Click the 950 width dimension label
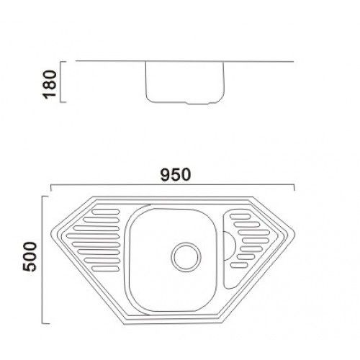tap(175, 175)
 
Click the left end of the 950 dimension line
tap(50, 189)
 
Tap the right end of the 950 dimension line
tap(296, 189)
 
